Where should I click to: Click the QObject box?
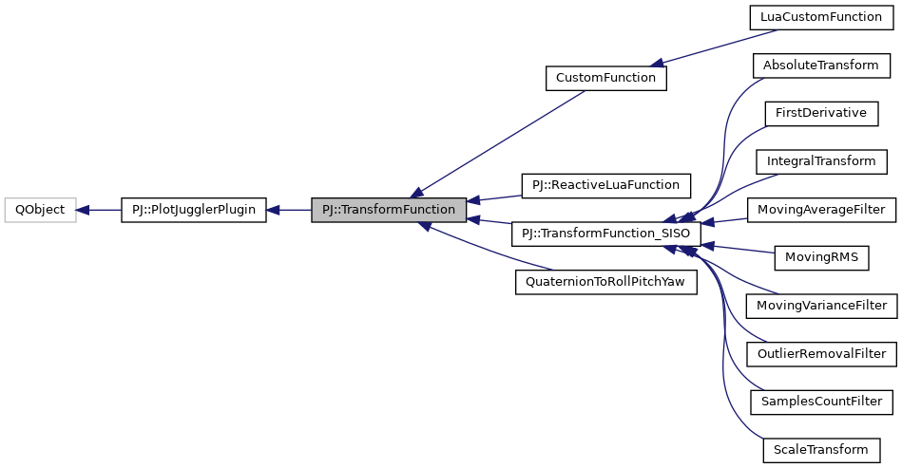tap(40, 209)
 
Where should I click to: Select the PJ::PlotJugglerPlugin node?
tap(194, 209)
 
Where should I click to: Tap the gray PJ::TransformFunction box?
tap(389, 209)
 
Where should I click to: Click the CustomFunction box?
tap(605, 77)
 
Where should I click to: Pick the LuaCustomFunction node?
tap(821, 17)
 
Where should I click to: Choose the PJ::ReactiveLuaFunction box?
tap(605, 185)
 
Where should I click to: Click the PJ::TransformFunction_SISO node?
tap(605, 234)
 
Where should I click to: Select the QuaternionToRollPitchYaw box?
tap(605, 282)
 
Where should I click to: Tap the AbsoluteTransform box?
tap(821, 65)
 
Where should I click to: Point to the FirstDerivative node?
tap(821, 113)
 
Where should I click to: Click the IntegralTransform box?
tap(821, 160)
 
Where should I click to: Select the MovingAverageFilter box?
tap(821, 209)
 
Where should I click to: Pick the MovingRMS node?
tap(821, 257)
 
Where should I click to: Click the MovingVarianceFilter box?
tap(821, 306)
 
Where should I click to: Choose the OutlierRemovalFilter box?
tap(821, 354)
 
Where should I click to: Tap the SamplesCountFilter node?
tap(821, 402)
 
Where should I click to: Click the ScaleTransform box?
tap(821, 450)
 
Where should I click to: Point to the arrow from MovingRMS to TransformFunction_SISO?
tap(737, 248)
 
